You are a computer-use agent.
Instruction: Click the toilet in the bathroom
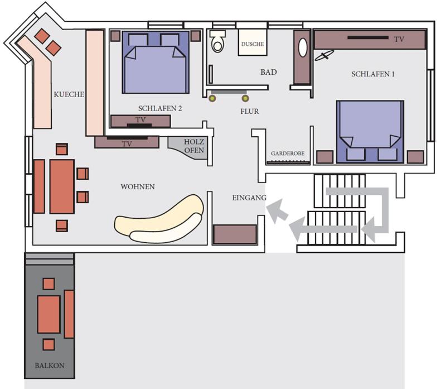(217, 41)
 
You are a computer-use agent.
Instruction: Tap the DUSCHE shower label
(253, 44)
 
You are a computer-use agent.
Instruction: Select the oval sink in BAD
(303, 47)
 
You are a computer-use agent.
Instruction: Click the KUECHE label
(69, 94)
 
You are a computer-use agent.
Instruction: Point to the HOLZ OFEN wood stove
(188, 147)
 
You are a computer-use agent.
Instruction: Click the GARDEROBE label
(288, 153)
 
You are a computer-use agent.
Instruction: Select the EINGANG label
(249, 198)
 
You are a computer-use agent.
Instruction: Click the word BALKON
(50, 366)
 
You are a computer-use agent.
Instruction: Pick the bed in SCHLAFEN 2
(156, 62)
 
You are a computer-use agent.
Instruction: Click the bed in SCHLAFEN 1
(370, 132)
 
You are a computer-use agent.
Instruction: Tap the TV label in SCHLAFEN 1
(399, 39)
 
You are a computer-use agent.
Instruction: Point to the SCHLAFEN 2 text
(160, 108)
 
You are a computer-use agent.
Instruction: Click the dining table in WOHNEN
(62, 186)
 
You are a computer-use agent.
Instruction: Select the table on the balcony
(49, 314)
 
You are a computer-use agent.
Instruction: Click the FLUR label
(249, 112)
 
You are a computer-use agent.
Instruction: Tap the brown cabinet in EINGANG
(235, 234)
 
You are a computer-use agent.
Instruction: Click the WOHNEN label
(138, 187)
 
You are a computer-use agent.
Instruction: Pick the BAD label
(269, 72)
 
